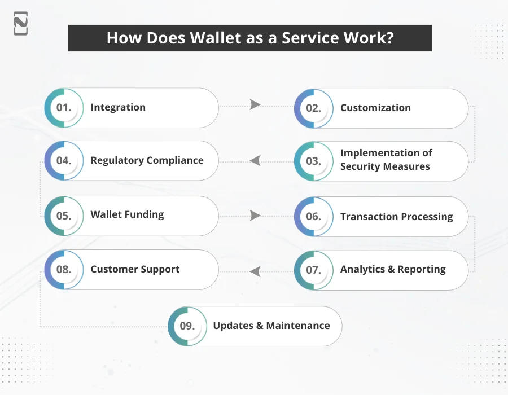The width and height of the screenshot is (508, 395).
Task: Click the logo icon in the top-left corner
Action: pos(21,23)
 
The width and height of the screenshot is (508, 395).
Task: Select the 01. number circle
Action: pos(64,108)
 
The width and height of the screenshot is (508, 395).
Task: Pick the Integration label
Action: pos(118,107)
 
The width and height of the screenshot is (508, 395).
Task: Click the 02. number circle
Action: pos(313,108)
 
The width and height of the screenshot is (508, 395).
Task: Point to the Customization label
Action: pos(375,108)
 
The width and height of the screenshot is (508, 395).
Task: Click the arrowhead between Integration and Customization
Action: pos(255,105)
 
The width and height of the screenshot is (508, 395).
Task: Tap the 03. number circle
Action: pos(313,161)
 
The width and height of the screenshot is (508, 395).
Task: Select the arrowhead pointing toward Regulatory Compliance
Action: pos(255,161)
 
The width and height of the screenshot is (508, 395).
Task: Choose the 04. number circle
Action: pos(64,161)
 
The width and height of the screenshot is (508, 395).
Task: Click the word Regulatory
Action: pos(116,160)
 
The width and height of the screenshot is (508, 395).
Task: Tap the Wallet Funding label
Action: pos(127,214)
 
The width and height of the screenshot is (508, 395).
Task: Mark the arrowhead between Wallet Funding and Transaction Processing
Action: pos(255,216)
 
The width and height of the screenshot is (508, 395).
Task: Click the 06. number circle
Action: pos(313,217)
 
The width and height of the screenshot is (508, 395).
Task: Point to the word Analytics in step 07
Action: pos(362,270)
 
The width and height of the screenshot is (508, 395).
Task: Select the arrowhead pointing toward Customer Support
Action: pos(255,271)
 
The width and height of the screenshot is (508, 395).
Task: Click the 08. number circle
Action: pos(64,270)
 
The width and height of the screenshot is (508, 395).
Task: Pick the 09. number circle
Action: pos(187,326)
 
